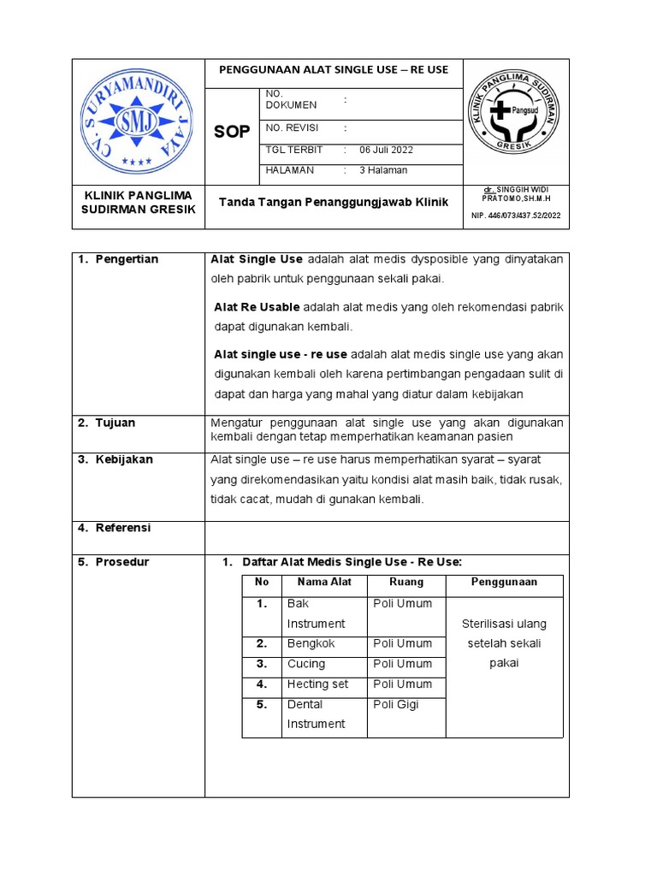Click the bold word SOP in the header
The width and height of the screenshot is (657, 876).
tap(231, 132)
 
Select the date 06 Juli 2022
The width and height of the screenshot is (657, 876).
tap(386, 150)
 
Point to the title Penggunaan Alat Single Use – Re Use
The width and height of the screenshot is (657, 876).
tap(334, 70)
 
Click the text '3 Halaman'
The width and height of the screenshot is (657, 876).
tap(383, 169)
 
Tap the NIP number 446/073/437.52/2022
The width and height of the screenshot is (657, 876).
tap(516, 216)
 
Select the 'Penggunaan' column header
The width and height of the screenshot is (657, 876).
tap(504, 582)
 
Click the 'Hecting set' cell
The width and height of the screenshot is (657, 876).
tap(317, 684)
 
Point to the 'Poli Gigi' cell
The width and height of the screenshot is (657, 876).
tap(397, 704)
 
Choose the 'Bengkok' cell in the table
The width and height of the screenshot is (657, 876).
tap(311, 643)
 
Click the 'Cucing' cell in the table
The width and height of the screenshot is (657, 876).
tap(306, 664)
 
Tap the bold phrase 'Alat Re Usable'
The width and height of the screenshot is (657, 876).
tap(257, 307)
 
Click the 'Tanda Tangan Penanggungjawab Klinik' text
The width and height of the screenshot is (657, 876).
tap(334, 202)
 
